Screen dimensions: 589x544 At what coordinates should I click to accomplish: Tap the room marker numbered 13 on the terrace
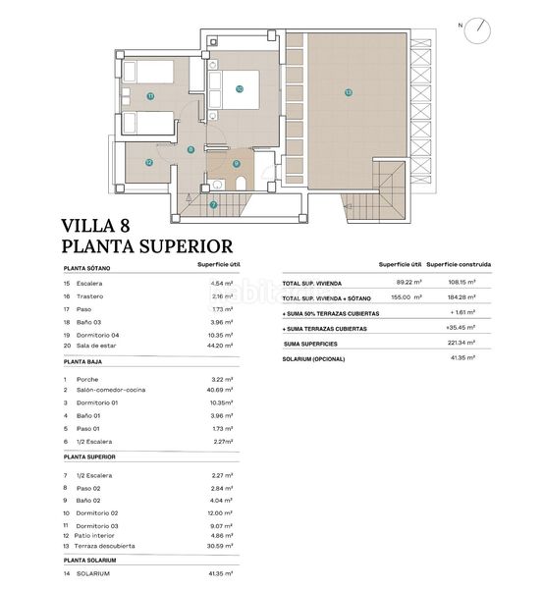pos(348,92)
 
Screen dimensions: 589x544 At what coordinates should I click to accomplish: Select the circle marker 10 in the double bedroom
pos(239,87)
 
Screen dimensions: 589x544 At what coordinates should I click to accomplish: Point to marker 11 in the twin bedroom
pos(150,96)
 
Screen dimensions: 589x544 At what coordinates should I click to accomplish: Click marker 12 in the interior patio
pos(148,163)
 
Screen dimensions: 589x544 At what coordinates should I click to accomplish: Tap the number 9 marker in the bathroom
pos(236,164)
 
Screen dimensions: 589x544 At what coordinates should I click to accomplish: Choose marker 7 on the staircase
pos(213,204)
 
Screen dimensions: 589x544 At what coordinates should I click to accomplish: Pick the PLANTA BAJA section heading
pos(84,361)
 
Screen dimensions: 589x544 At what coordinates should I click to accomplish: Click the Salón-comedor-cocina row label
pos(118,391)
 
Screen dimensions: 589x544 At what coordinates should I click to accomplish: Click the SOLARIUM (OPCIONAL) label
pos(315,358)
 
